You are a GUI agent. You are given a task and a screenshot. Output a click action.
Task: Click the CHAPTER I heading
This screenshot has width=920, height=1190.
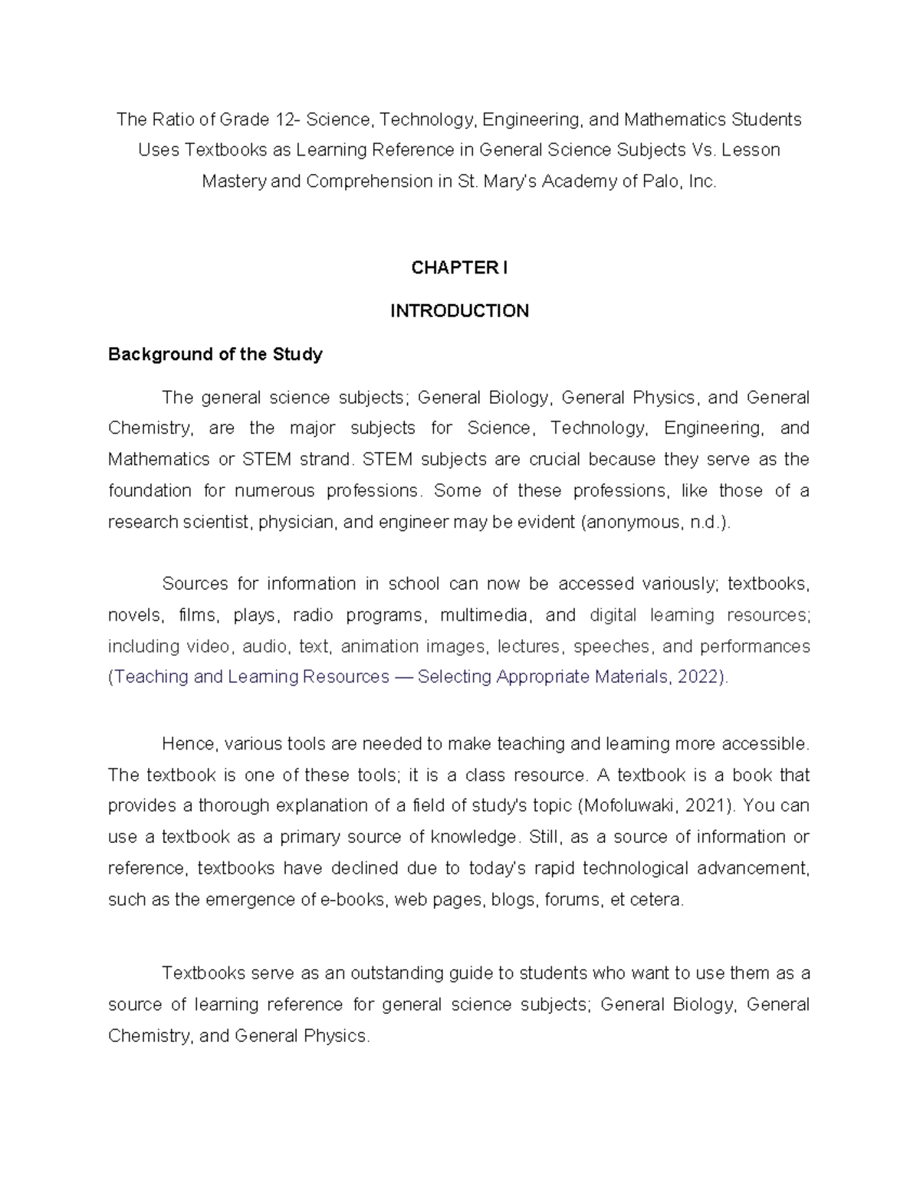tap(459, 267)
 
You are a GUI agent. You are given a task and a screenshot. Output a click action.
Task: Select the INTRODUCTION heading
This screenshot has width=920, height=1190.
tap(459, 310)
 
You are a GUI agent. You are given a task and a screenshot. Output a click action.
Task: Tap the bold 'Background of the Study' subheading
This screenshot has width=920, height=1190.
tap(215, 354)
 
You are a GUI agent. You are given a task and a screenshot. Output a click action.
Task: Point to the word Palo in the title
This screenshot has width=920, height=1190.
tap(657, 182)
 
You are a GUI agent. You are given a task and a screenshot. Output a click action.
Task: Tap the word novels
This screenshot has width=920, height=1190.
tap(135, 615)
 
